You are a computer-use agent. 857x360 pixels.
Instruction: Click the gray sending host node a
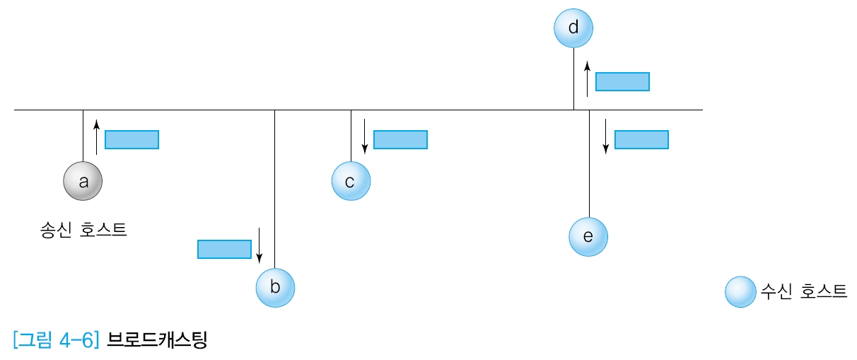pos(83,182)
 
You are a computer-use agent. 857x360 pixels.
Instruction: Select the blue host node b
pos(275,287)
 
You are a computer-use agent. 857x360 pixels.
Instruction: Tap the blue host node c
pos(351,182)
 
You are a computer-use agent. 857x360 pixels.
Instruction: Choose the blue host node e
pos(588,236)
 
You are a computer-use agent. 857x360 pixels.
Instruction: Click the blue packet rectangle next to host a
pos(132,140)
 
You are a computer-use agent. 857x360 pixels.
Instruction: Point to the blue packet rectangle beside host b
pos(224,249)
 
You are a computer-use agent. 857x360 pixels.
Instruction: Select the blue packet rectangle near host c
pos(400,139)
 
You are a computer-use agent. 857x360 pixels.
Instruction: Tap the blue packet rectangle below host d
pos(622,81)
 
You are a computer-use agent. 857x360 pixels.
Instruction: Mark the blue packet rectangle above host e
pos(641,139)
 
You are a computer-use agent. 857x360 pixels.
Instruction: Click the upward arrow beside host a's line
pos(96,137)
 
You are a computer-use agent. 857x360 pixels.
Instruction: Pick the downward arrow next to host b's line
pos(260,245)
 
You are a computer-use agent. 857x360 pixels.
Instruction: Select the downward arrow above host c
pos(365,137)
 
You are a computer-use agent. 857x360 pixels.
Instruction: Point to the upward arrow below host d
pos(587,78)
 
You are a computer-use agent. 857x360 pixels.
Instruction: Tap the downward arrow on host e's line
pos(606,137)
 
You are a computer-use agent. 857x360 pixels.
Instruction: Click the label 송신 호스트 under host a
pos(83,230)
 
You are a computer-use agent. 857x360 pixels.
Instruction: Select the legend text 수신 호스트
pos(803,291)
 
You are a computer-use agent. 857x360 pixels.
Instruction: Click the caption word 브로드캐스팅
pos(156,341)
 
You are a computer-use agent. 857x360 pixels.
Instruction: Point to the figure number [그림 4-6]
pos(57,341)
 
